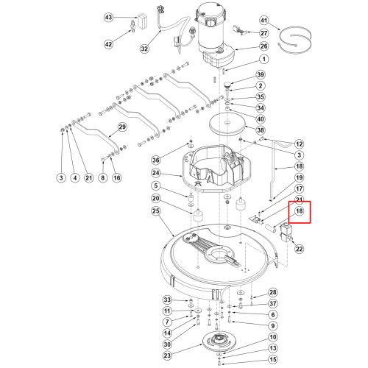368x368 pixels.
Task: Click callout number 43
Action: click(x=108, y=18)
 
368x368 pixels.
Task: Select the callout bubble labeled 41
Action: click(x=264, y=20)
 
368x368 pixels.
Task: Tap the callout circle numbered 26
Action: click(x=264, y=46)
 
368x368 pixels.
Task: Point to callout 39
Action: click(x=261, y=74)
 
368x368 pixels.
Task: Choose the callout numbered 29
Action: click(x=122, y=127)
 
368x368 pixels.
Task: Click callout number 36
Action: click(x=156, y=160)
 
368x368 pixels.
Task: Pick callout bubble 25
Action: click(x=156, y=210)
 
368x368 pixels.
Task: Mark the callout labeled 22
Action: click(x=299, y=249)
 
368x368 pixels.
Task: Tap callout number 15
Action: click(x=273, y=360)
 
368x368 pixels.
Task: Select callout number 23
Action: click(x=167, y=355)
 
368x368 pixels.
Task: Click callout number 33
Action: click(x=167, y=300)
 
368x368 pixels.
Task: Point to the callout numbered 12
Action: click(x=299, y=144)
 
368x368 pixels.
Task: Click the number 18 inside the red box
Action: click(x=299, y=211)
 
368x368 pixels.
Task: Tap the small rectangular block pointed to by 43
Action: click(x=143, y=21)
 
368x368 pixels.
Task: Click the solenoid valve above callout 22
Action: click(x=286, y=232)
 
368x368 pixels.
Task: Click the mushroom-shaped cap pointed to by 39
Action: click(x=227, y=85)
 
